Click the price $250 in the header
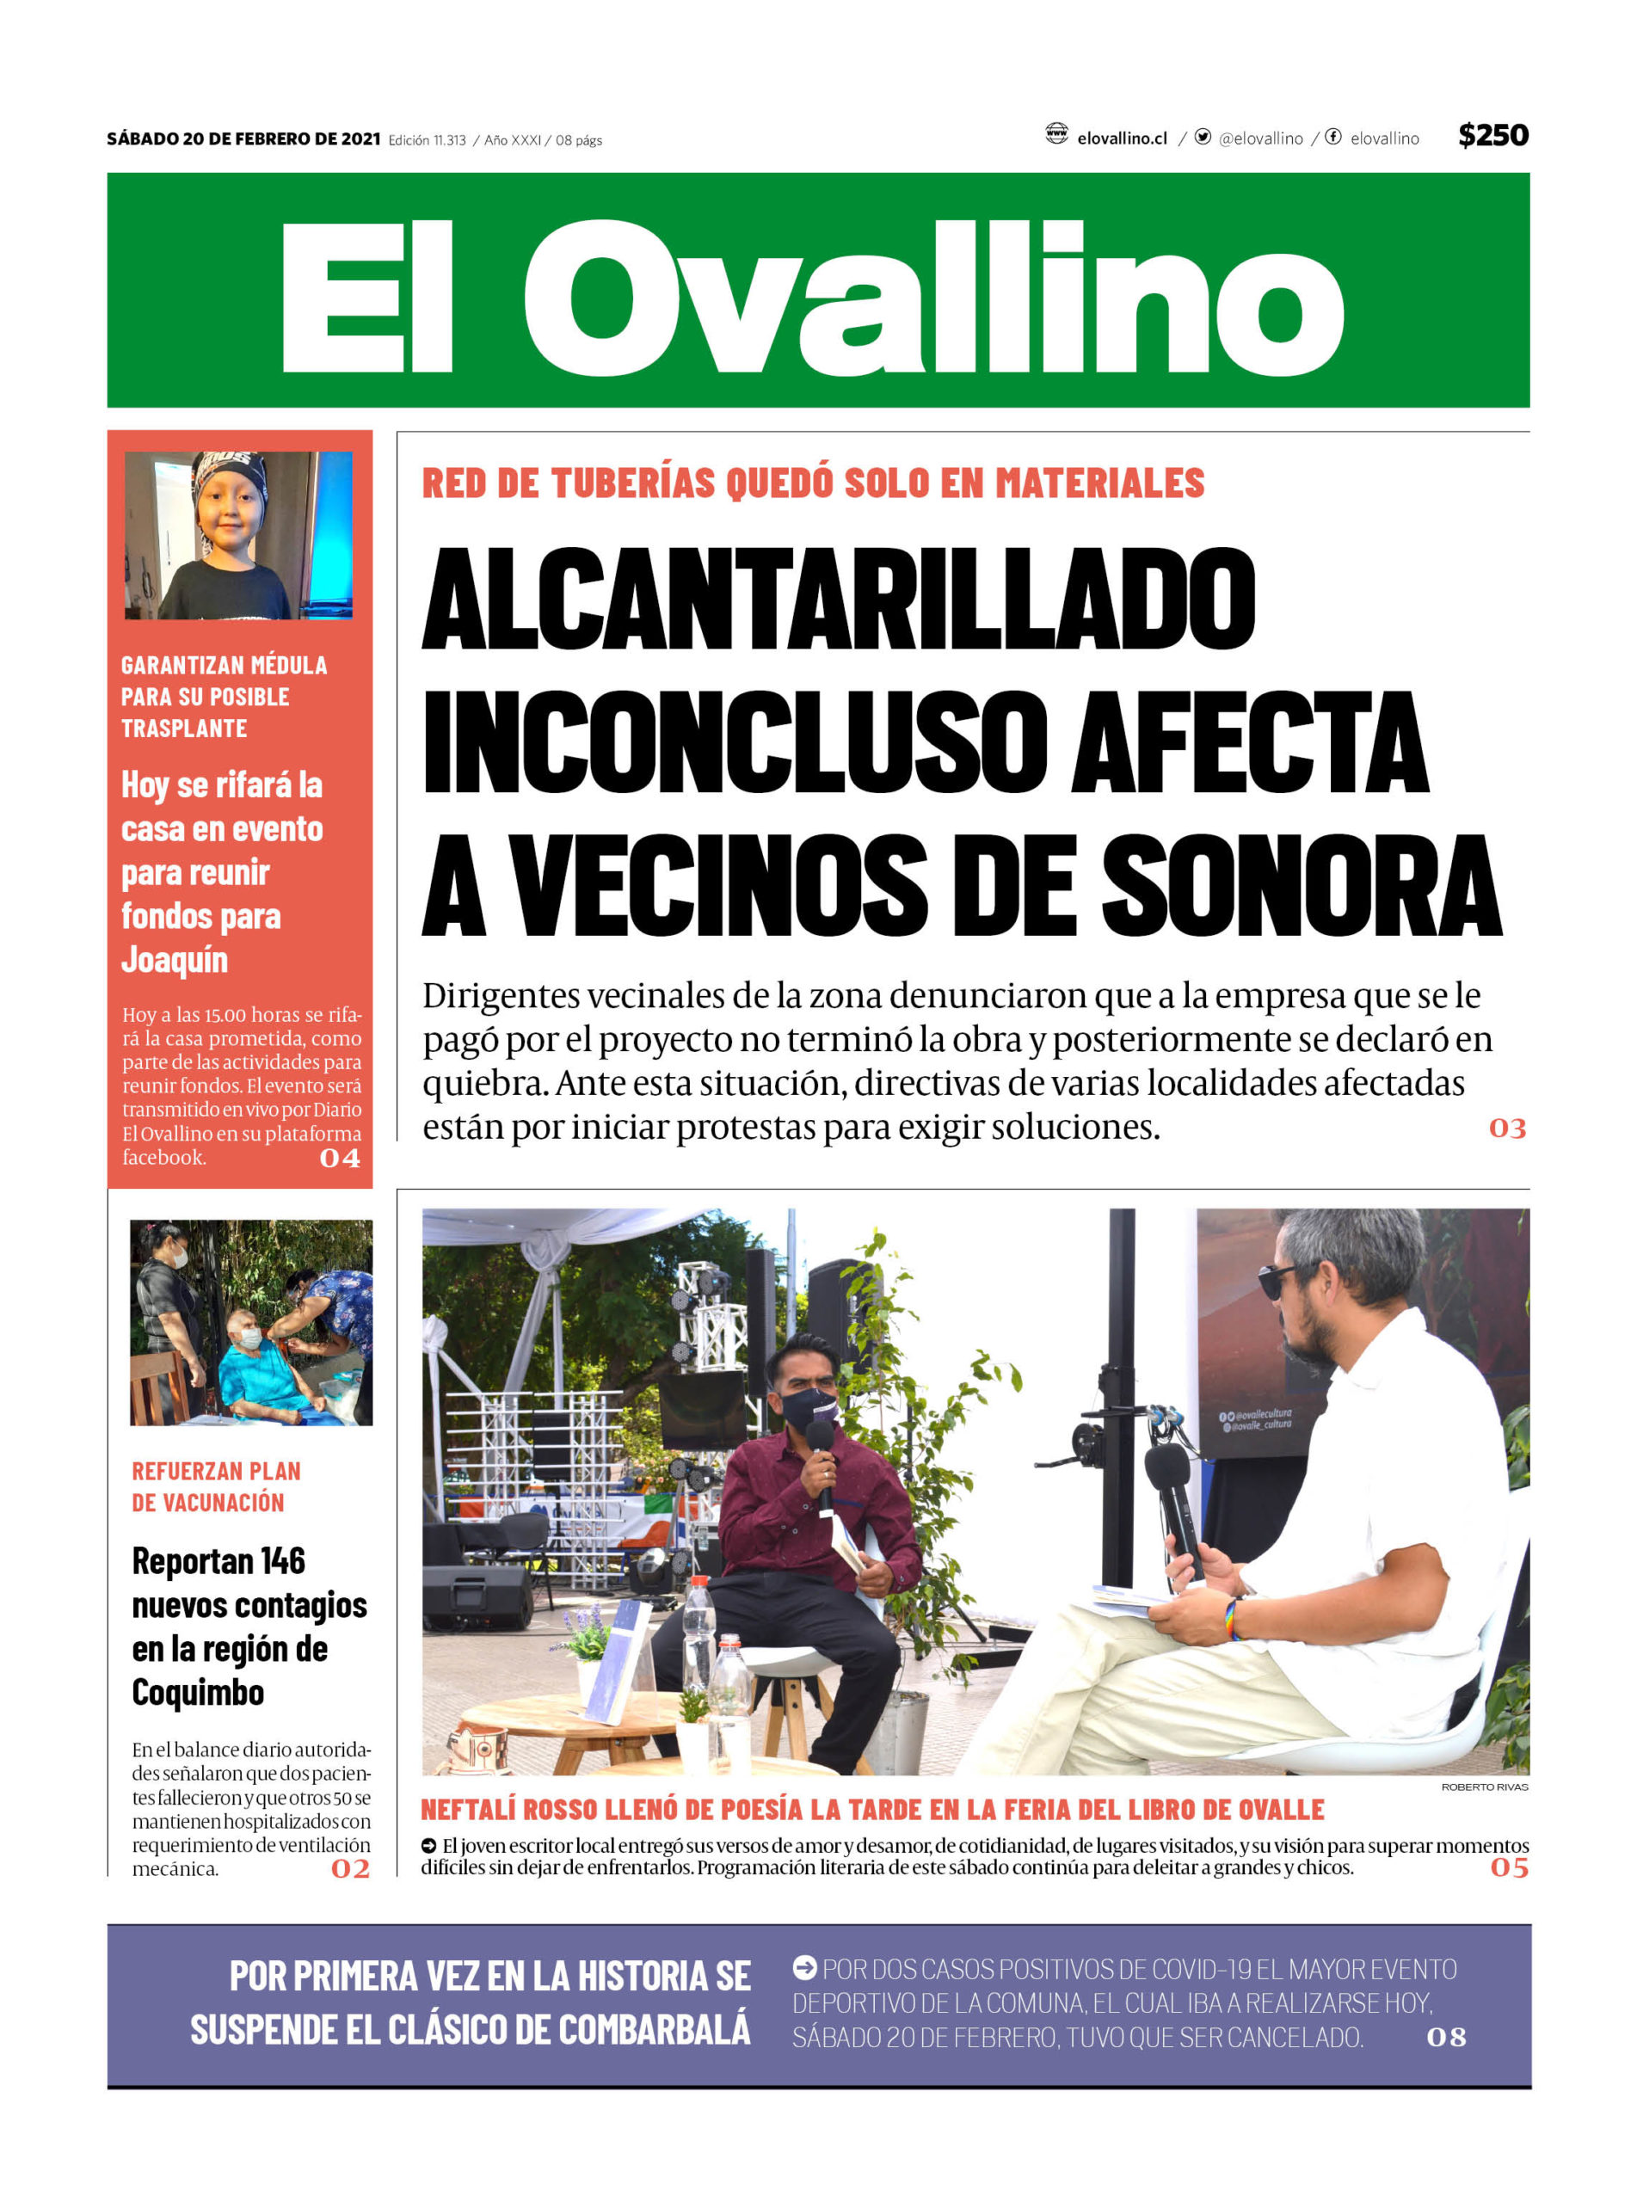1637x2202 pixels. (1492, 136)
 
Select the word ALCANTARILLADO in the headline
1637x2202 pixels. (839, 600)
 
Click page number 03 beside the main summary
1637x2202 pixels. (1507, 1129)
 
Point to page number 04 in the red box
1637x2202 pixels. (340, 1158)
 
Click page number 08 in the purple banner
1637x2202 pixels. (1446, 2038)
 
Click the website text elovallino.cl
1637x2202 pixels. (1122, 138)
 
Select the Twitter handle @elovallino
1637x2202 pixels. (1260, 138)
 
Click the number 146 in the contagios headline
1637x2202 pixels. (282, 1562)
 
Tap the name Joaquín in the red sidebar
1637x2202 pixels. (175, 960)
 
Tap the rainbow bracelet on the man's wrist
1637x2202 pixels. (1234, 1619)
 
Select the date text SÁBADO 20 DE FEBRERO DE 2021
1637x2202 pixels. (243, 138)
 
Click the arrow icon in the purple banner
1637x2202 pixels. (804, 1968)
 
